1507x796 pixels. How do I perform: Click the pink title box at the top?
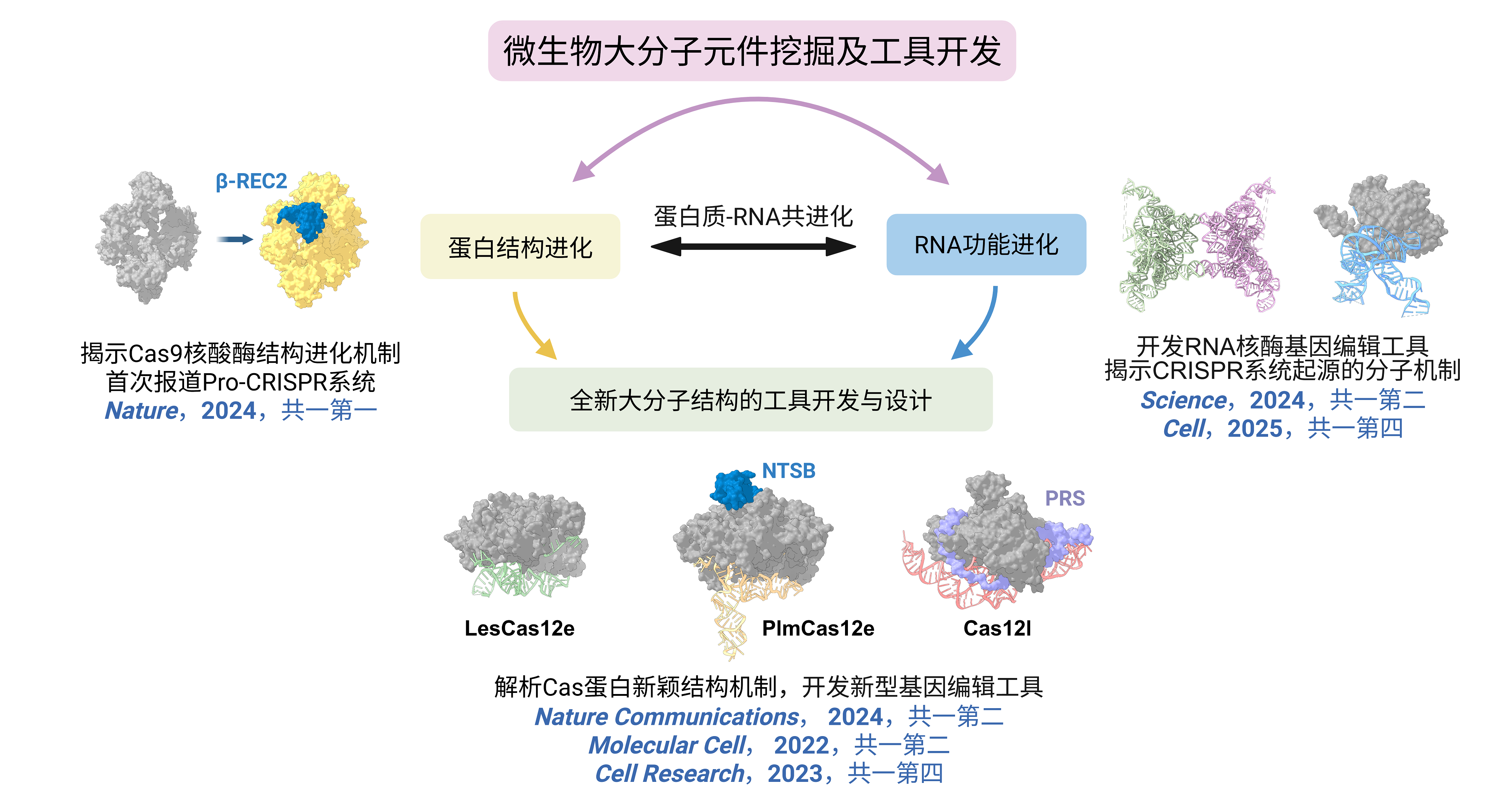(752, 51)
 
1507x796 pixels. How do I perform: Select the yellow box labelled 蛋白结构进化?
(520, 246)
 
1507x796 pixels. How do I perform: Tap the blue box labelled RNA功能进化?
(986, 245)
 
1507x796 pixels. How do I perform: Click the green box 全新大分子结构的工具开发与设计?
(751, 400)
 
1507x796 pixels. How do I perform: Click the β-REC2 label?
(252, 181)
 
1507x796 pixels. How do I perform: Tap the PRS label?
(1065, 498)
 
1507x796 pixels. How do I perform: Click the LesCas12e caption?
(520, 628)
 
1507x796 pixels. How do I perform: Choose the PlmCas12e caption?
(818, 628)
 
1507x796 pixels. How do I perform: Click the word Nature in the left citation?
(142, 411)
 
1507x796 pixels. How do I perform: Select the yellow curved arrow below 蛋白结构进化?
(531, 327)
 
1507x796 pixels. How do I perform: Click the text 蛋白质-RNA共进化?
(753, 216)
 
